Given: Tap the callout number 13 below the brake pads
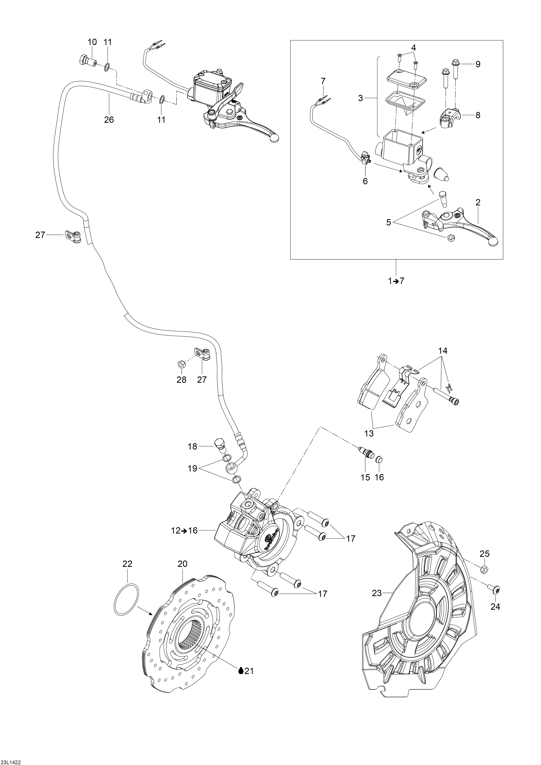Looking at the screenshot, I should [x=369, y=433].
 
